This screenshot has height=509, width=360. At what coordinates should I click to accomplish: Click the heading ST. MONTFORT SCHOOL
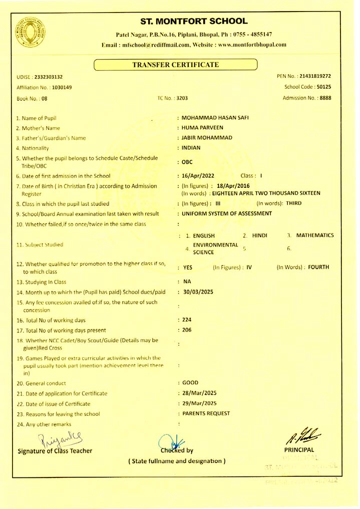[194, 21]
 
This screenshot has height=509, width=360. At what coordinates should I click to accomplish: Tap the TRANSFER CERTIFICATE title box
[175, 65]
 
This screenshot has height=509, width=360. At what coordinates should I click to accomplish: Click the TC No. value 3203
[180, 98]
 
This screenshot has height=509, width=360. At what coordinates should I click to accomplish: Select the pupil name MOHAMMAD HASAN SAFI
[216, 118]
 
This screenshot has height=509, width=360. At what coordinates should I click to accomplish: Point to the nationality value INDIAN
[191, 148]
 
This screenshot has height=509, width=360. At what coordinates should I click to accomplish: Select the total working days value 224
[188, 319]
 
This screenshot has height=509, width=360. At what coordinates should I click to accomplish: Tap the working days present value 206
[188, 330]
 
